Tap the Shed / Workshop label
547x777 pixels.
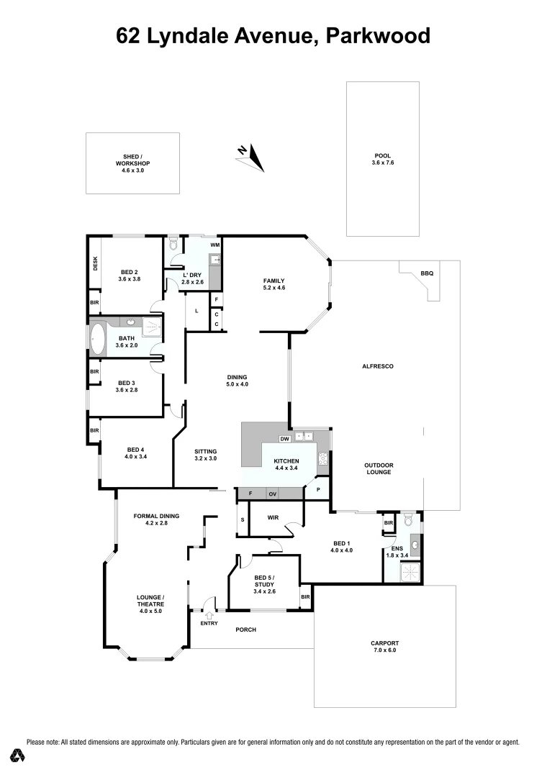132,163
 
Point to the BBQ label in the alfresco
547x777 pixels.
427,273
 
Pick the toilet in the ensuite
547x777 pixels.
408,519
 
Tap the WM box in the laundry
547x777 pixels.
214,245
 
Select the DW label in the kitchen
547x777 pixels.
284,438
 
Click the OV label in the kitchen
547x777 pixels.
273,494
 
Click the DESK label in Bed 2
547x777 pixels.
94,264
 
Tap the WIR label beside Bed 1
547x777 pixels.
273,517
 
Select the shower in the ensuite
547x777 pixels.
408,573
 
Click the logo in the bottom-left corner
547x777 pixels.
17,755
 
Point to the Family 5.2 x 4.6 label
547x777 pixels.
273,284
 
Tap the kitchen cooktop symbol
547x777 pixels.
323,458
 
